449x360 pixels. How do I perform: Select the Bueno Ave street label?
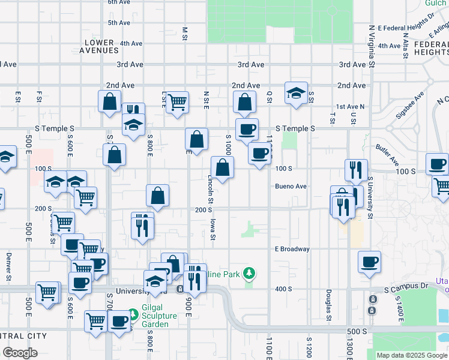click(x=291, y=187)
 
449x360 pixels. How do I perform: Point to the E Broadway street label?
click(x=292, y=249)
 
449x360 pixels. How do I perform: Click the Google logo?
click(x=20, y=353)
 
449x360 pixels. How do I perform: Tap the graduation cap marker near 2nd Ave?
click(x=296, y=94)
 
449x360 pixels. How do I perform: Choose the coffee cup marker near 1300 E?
click(x=369, y=262)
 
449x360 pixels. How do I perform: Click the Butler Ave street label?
click(x=387, y=155)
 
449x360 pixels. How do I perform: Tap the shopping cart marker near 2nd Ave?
click(x=177, y=103)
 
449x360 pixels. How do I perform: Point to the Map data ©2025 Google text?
click(x=412, y=355)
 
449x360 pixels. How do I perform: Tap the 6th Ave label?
click(x=119, y=2)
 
